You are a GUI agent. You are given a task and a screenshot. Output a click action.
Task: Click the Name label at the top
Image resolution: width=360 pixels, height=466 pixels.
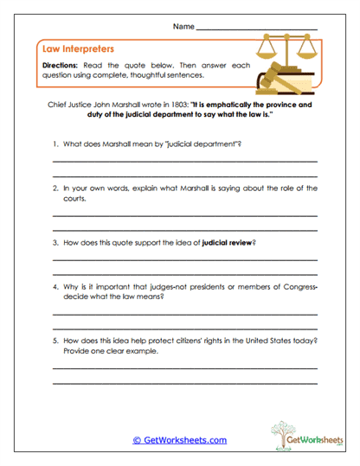pos(183,28)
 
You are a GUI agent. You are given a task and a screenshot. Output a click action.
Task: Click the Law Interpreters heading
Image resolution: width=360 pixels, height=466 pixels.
pos(78,49)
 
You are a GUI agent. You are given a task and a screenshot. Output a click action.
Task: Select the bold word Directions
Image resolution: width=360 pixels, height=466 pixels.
pos(61,66)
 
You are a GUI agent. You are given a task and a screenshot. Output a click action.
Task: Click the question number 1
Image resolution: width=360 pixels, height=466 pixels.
pos(55,144)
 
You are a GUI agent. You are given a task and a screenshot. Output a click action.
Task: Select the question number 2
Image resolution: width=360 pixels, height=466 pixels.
pos(55,188)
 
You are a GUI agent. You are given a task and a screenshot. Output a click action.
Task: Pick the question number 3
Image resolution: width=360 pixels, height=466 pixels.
pos(55,243)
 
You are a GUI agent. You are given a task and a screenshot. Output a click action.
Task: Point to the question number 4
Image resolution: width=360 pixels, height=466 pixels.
pos(55,286)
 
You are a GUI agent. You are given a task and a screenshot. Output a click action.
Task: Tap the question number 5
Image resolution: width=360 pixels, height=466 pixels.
pos(55,341)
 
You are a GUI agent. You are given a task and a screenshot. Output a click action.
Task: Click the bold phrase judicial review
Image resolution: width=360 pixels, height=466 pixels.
pos(228,243)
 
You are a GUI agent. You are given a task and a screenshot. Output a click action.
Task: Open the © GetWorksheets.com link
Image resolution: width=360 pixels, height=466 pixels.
pos(179,439)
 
